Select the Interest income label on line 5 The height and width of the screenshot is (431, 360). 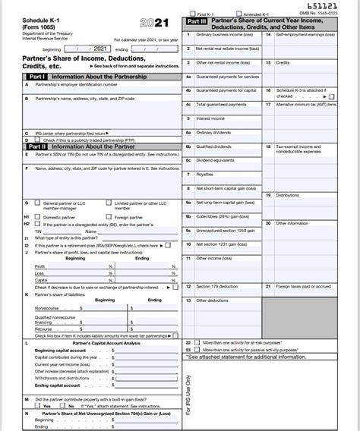(x=210, y=118)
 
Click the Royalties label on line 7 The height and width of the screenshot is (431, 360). (x=204, y=174)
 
